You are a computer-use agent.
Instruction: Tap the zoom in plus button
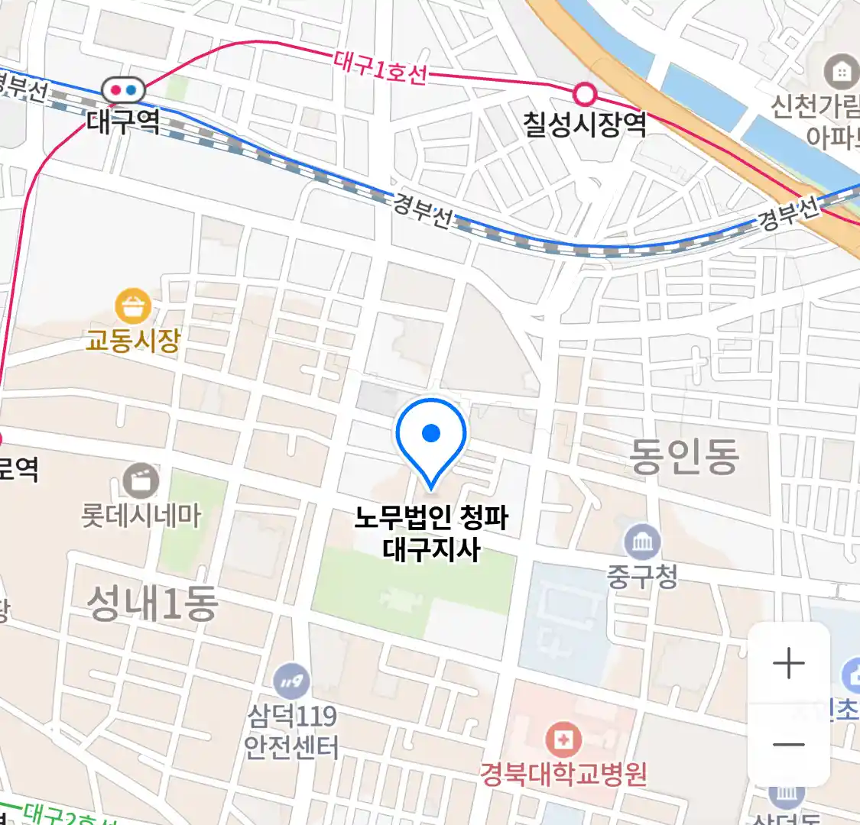[x=788, y=663]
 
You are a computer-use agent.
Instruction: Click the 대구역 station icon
[x=123, y=90]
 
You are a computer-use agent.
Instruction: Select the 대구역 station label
[x=123, y=121]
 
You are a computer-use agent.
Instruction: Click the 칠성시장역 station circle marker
[x=585, y=94]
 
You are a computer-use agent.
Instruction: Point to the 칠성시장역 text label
[x=585, y=124]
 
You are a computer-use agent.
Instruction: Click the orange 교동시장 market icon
[x=133, y=307]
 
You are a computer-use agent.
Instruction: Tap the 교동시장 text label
[x=133, y=339]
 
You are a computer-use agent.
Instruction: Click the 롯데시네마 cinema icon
[x=141, y=481]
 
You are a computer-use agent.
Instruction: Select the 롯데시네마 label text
[x=141, y=516]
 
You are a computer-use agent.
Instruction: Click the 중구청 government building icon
[x=642, y=542]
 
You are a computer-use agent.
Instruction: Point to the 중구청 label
[x=642, y=576]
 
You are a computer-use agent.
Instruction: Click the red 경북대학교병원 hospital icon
[x=563, y=739]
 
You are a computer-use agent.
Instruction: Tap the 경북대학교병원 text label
[x=563, y=774]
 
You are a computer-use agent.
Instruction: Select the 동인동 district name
[x=683, y=456]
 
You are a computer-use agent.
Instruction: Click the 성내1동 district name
[x=152, y=603]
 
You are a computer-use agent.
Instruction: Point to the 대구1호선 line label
[x=380, y=67]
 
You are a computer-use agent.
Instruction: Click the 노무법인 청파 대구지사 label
[x=431, y=533]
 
